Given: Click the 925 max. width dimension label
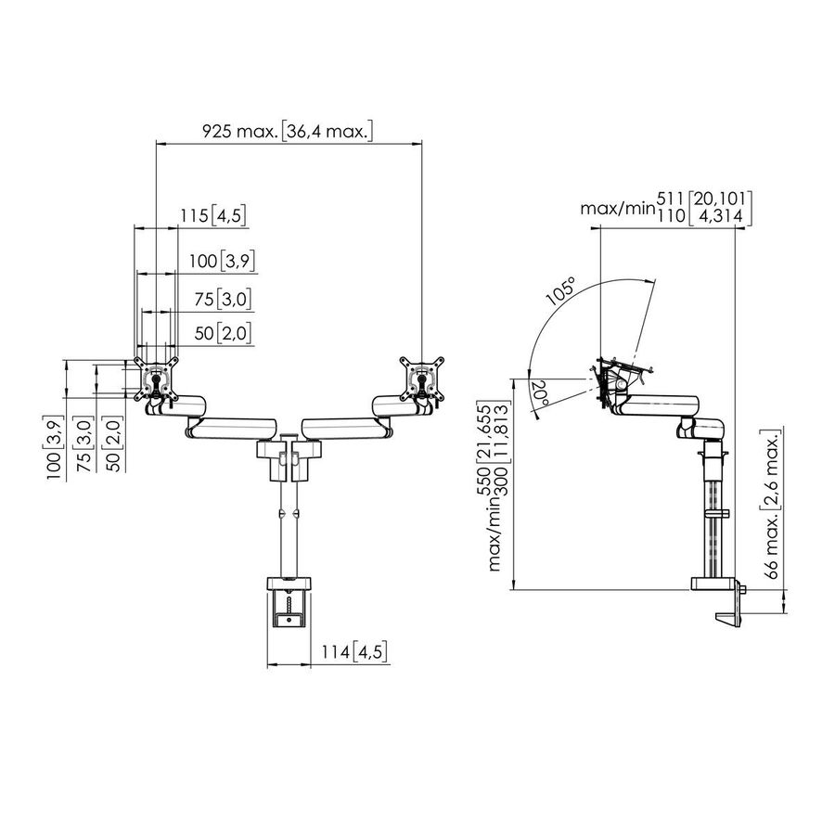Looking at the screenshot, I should [288, 131].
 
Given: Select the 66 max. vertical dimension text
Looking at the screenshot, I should [774, 505].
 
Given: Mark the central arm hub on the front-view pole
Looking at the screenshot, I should [288, 456].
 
